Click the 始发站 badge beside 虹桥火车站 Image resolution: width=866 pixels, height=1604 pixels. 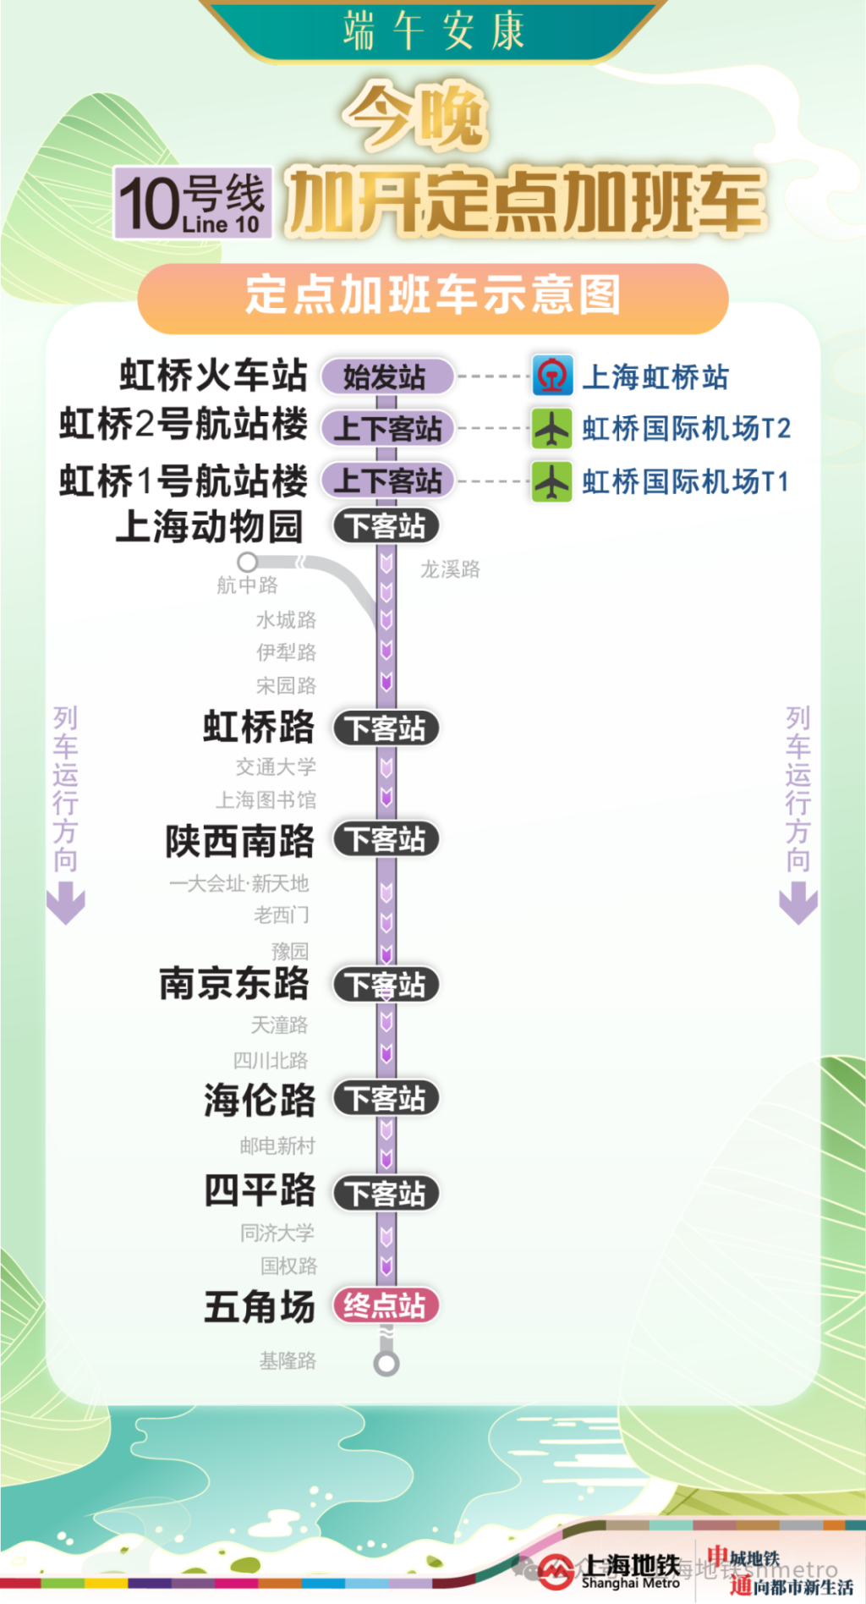pyautogui.click(x=386, y=376)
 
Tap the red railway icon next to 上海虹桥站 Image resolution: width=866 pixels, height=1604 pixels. pyautogui.click(x=552, y=376)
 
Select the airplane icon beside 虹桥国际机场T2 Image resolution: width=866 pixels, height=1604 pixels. pyautogui.click(x=552, y=428)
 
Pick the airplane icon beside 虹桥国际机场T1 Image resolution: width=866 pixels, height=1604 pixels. pyautogui.click(x=552, y=481)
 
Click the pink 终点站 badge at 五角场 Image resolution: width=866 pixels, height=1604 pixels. pyautogui.click(x=386, y=1305)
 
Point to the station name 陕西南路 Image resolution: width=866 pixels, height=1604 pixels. pyautogui.click(x=240, y=841)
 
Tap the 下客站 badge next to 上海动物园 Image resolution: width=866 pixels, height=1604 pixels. pyautogui.click(x=386, y=526)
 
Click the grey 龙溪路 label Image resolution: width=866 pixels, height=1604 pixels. pyautogui.click(x=450, y=569)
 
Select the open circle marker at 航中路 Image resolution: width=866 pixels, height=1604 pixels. pyautogui.click(x=247, y=562)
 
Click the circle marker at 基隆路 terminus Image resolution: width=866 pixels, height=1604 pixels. pyautogui.click(x=386, y=1363)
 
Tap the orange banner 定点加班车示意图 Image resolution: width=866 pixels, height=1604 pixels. pyautogui.click(x=432, y=296)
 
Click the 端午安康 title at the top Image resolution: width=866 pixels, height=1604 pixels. pyautogui.click(x=433, y=30)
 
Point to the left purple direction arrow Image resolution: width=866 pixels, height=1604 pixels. pyautogui.click(x=66, y=903)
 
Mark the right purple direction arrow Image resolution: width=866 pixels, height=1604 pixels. pyautogui.click(x=797, y=903)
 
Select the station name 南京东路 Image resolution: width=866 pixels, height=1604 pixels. pyautogui.click(x=235, y=984)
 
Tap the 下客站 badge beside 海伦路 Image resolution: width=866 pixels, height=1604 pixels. pyautogui.click(x=386, y=1099)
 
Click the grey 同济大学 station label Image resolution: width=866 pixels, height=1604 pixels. pyautogui.click(x=277, y=1233)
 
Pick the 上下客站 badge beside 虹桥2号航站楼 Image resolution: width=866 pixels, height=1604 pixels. pyautogui.click(x=386, y=429)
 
